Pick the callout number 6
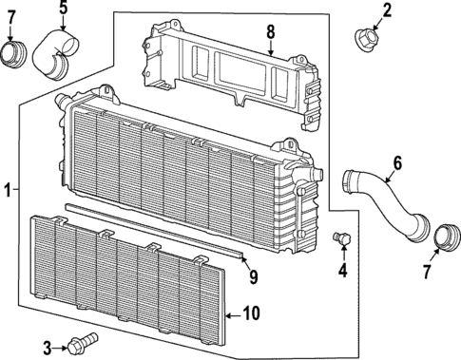click(397, 162)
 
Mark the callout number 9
click(253, 277)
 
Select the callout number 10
click(251, 313)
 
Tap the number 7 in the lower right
click(427, 274)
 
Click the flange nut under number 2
click(366, 39)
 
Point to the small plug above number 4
click(342, 237)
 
